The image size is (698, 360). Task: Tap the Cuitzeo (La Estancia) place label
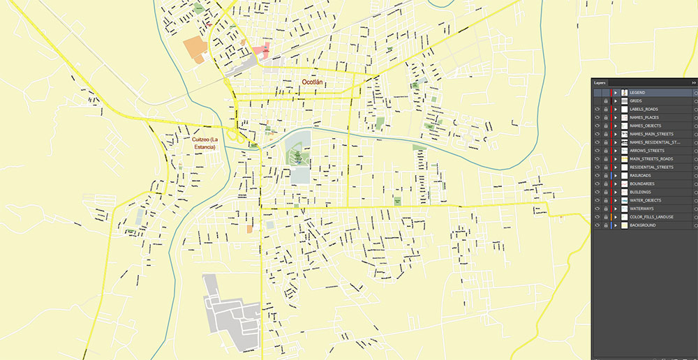point(205,143)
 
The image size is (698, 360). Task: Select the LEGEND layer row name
point(637,93)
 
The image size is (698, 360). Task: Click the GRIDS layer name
point(636,101)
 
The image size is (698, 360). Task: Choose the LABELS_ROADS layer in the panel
point(643,109)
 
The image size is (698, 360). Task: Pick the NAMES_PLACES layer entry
point(643,117)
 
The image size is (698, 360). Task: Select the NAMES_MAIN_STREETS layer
point(651,134)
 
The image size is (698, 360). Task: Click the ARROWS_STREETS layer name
point(646,151)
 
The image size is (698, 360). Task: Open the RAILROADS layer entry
point(641,175)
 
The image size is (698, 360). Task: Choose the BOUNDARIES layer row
point(641,183)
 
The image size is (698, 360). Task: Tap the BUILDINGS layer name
point(640,192)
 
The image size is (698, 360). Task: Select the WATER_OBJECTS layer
point(645,200)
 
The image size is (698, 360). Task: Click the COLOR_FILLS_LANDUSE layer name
point(651,217)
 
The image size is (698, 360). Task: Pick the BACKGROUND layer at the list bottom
point(642,225)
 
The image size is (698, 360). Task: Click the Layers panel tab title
point(600,82)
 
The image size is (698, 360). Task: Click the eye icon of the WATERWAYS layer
point(597,209)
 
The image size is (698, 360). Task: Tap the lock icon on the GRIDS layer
point(605,101)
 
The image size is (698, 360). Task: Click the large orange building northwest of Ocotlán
point(195,50)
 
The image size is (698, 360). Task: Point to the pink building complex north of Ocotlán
point(261,50)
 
